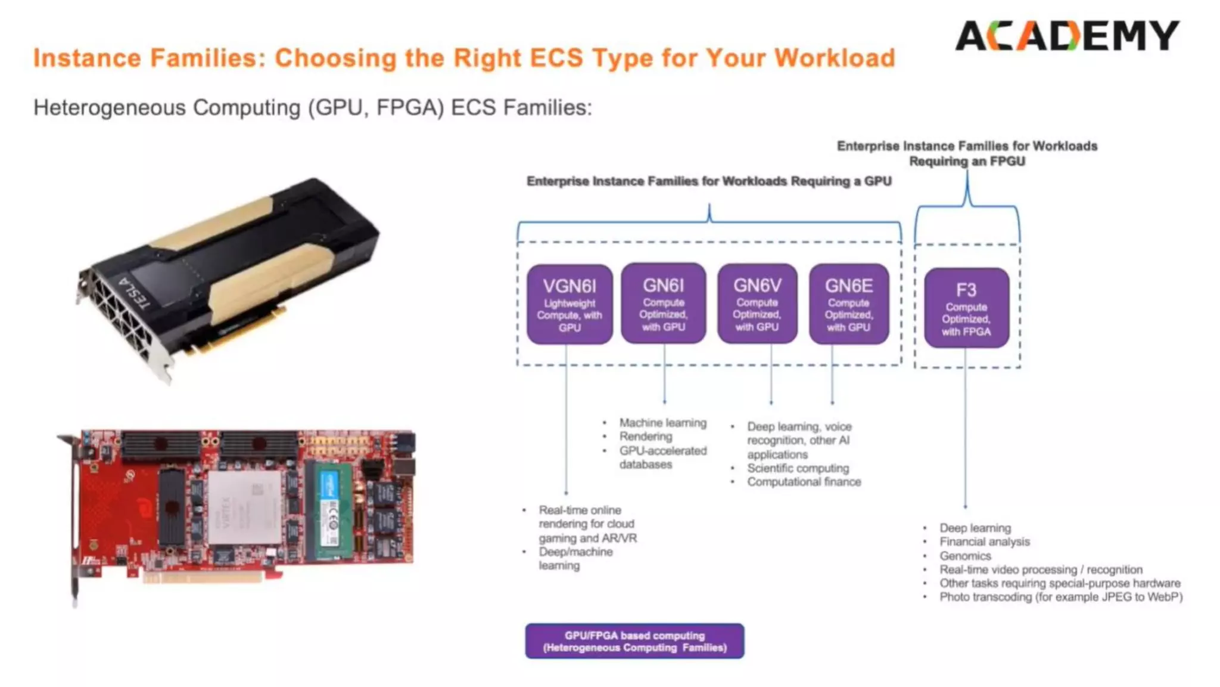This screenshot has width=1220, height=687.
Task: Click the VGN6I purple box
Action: coord(569,305)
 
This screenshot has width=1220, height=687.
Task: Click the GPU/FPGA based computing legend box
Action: coord(634,641)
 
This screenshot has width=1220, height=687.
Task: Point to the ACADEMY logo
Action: coord(1067,36)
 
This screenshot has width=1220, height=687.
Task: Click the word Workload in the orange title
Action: coord(835,58)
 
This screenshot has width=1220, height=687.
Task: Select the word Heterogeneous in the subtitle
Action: coord(110,108)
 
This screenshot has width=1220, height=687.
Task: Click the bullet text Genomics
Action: coord(965,556)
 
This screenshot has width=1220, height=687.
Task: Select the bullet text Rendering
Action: coord(645,437)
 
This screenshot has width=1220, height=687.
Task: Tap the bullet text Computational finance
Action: coord(804,482)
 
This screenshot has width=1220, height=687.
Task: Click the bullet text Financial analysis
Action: coord(984,541)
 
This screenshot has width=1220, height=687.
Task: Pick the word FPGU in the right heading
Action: coord(1007,162)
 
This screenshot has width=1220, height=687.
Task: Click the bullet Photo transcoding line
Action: coord(1060,597)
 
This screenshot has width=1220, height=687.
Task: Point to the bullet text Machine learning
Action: coord(662,423)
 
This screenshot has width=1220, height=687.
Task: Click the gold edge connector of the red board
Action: coord(203,577)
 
